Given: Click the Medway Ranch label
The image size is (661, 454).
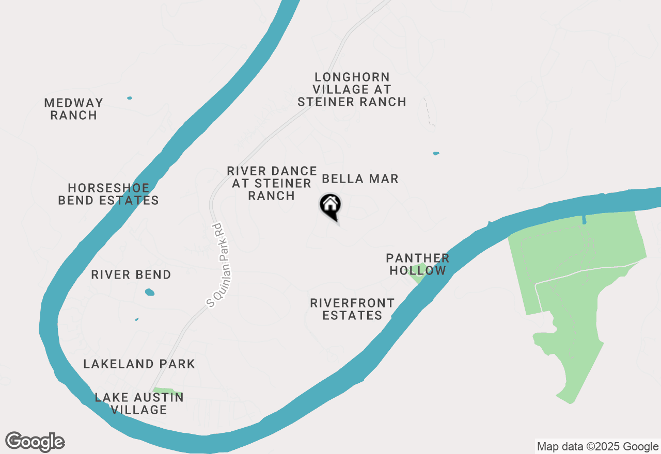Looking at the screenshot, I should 73,109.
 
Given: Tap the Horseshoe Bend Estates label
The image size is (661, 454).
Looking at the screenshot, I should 108,194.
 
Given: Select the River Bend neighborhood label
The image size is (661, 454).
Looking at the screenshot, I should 131,274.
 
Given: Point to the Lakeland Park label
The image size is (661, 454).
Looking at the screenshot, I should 139,364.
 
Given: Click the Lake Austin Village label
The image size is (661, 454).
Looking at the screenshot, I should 139,403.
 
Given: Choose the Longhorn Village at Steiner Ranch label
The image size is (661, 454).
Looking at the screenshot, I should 352,89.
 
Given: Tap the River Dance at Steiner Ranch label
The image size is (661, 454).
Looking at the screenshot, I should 272,183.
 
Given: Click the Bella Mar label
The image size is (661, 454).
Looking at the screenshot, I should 360,179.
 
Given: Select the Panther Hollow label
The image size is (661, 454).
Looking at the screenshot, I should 418,264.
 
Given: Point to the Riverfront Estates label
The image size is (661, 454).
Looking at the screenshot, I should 352,309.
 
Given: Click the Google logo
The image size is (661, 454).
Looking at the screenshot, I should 35,442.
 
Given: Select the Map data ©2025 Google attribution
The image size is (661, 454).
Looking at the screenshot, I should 597,447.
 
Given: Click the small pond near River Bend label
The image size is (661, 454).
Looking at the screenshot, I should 150,292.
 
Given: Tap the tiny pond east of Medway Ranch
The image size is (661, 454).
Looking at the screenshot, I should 129,98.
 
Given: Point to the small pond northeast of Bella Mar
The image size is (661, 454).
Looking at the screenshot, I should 436,153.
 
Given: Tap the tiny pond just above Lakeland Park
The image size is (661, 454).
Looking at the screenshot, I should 137,319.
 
